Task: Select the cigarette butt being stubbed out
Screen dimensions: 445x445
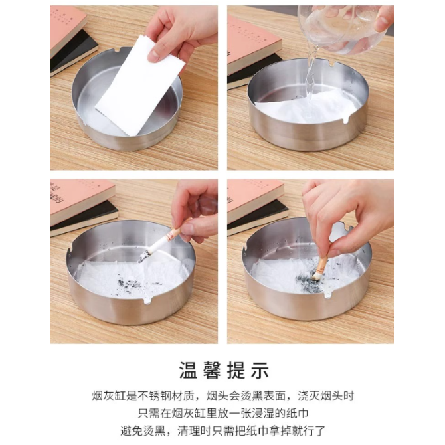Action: pos(319,268)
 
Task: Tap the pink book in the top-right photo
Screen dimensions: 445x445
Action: pos(252,43)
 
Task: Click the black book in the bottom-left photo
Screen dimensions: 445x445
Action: pos(84,219)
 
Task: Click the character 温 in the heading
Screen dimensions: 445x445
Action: pos(188,371)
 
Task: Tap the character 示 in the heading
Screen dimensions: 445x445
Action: pos(260,371)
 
